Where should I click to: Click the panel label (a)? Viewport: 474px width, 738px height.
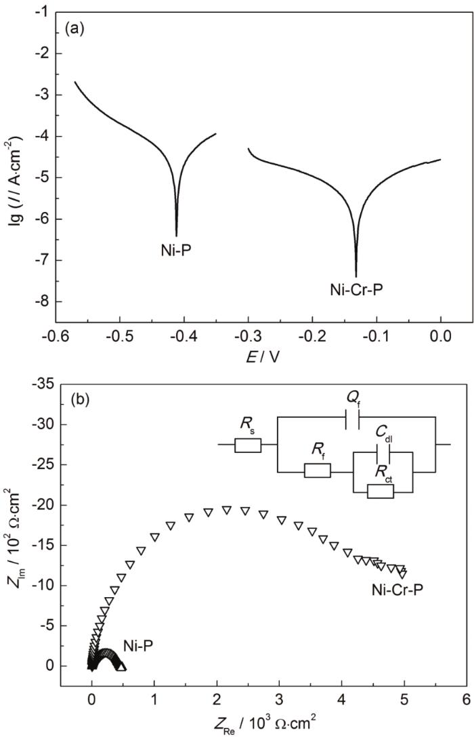click(74, 30)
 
